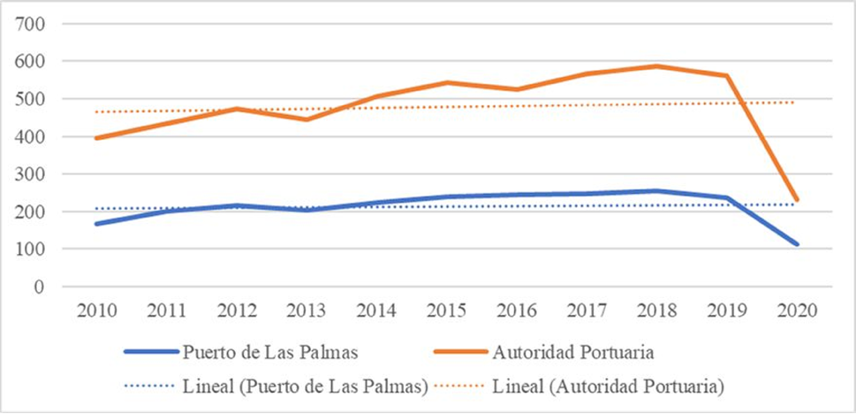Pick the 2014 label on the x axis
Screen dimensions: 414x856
click(375, 311)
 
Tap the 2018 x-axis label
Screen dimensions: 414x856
click(655, 311)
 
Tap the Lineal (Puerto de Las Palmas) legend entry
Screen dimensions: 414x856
click(277, 386)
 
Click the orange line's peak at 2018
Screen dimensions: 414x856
click(655, 66)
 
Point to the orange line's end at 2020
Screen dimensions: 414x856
click(796, 200)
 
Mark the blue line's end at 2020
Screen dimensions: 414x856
click(796, 244)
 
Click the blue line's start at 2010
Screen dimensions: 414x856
click(95, 224)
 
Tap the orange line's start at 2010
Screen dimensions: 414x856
click(95, 138)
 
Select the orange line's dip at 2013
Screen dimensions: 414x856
click(306, 119)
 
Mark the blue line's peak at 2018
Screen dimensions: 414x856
click(655, 191)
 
